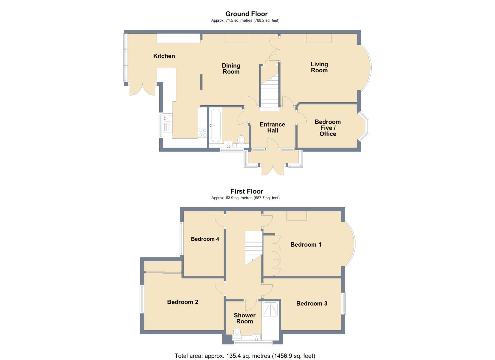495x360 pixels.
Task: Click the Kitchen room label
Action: tap(164, 56)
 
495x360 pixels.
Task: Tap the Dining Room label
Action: tap(231, 69)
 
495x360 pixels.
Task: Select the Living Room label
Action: tap(319, 67)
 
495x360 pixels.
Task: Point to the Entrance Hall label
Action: tap(272, 128)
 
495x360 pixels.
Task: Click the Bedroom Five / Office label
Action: tap(328, 128)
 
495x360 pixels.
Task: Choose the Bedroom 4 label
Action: tap(205, 239)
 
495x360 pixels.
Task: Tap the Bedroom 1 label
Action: tap(306, 244)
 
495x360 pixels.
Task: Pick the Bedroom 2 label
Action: tap(183, 302)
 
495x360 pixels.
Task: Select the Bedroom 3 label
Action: tap(312, 303)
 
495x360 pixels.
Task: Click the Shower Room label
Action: tap(245, 318)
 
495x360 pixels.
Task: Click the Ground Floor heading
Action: tap(246, 14)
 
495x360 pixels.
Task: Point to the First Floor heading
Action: tap(247, 191)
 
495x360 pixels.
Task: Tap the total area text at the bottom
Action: tap(245, 356)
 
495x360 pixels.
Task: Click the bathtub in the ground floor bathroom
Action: tap(216, 126)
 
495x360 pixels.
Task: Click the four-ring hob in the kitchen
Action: tap(202, 133)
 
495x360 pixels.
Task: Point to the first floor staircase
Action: tap(253, 248)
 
